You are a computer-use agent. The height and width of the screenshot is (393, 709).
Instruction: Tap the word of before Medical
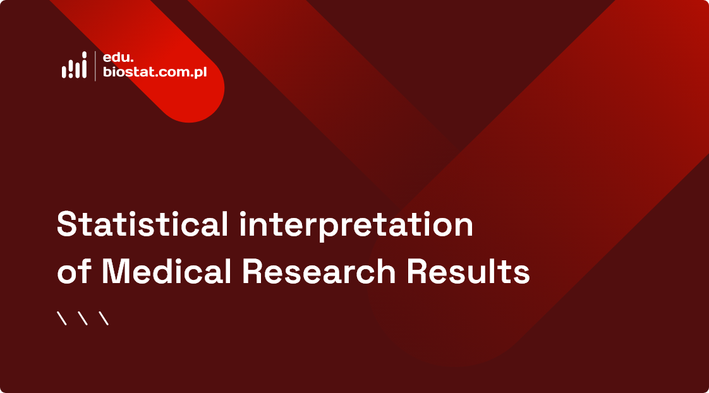pos(75,272)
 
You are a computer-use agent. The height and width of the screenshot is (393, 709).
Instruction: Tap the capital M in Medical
pos(117,272)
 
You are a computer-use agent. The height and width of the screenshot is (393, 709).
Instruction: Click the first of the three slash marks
pos(62,318)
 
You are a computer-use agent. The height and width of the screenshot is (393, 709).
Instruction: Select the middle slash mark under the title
pos(83,318)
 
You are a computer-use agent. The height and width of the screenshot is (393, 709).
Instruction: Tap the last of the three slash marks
pos(104,318)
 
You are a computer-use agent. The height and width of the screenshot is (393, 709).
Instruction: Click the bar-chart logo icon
pos(74,66)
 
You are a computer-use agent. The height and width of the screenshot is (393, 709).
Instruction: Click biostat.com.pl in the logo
pos(155,73)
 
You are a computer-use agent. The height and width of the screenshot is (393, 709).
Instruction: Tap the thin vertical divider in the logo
pos(95,66)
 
